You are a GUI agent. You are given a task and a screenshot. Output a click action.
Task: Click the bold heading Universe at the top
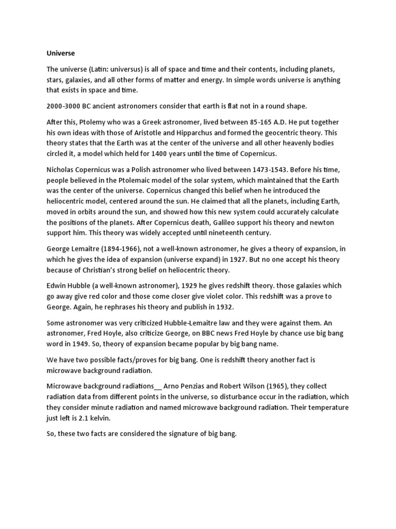click(61, 53)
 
